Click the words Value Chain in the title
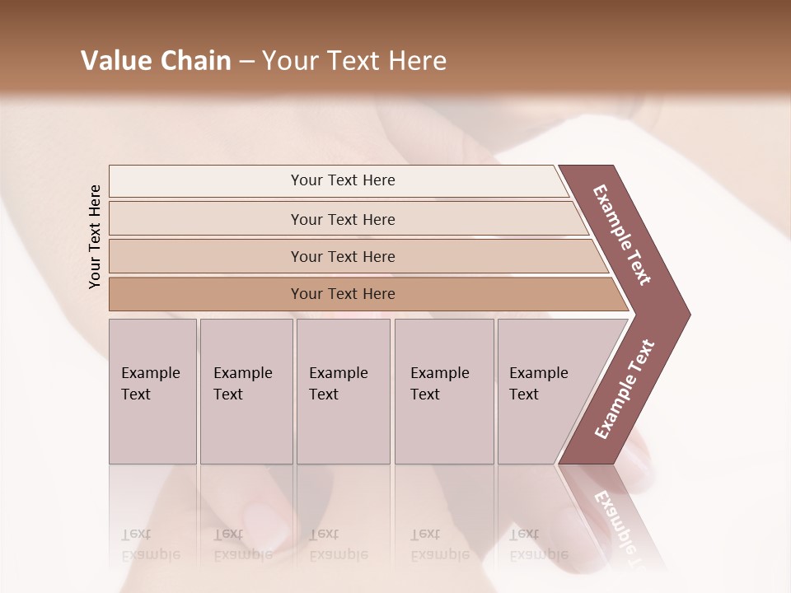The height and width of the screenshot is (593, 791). point(156,61)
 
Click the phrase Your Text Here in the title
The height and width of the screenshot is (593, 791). point(354,61)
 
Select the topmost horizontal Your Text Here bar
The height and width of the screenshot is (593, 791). point(343,180)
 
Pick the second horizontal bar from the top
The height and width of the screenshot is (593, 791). point(343,219)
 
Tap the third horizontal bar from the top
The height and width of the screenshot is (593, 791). point(343,256)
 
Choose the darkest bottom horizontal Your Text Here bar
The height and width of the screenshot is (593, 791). point(343,294)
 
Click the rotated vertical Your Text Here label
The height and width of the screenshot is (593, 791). point(96,236)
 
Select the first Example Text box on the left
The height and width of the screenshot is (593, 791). point(152,391)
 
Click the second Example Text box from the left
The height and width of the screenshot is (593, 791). point(246,391)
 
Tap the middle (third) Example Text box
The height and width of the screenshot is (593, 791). point(343,391)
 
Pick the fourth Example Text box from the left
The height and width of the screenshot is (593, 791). point(444,391)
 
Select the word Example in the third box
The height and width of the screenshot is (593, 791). point(338,373)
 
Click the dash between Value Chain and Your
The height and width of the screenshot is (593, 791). point(246,62)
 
